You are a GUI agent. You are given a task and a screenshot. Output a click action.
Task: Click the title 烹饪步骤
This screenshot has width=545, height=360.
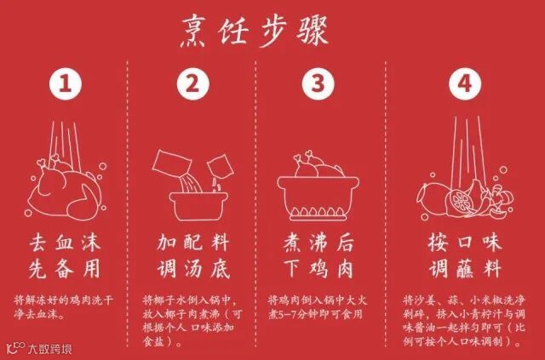(255, 32)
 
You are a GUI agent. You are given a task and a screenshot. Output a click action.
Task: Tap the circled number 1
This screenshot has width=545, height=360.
(66, 83)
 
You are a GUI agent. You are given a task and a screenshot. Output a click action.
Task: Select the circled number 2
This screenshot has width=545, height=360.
(193, 83)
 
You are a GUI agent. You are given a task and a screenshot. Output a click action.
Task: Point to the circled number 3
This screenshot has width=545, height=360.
(318, 83)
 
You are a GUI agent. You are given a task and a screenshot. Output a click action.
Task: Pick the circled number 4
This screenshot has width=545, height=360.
(465, 83)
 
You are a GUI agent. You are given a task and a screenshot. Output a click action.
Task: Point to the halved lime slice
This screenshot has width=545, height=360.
(459, 201)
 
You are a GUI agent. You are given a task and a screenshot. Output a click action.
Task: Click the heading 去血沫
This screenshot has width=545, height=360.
(66, 243)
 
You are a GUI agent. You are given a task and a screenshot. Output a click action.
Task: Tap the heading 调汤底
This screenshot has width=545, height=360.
(193, 269)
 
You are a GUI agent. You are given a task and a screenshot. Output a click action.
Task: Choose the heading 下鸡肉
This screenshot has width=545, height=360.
(318, 269)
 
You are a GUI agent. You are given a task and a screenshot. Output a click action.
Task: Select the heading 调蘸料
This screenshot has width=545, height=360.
(465, 269)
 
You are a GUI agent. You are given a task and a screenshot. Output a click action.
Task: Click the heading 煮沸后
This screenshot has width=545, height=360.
(318, 243)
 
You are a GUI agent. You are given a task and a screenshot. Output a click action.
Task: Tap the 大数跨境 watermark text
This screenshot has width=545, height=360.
(50, 349)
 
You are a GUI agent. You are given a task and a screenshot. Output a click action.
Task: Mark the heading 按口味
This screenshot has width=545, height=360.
(465, 243)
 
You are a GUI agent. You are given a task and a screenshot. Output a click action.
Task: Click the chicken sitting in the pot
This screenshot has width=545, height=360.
(319, 166)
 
